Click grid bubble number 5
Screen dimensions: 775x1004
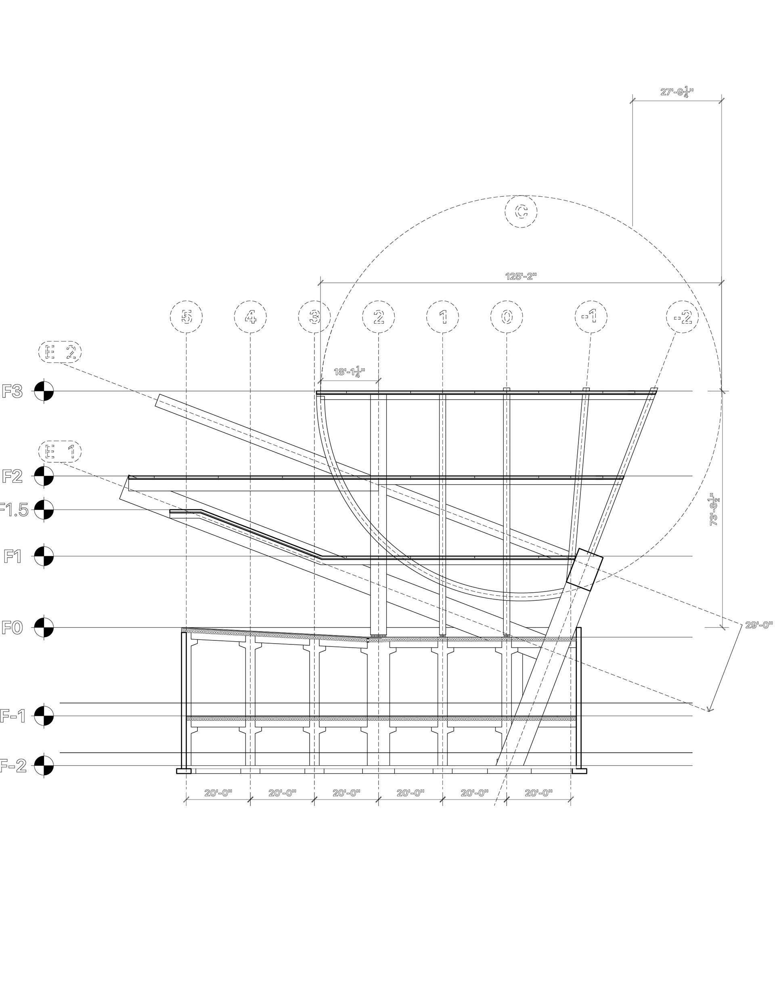click(186, 317)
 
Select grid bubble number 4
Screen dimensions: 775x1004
click(250, 317)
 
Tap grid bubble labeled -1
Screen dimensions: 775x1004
click(591, 317)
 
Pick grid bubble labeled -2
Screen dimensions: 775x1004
click(682, 317)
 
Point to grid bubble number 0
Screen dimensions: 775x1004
click(507, 317)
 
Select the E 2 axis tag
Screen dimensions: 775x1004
click(60, 352)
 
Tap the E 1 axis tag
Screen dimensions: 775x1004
click(60, 451)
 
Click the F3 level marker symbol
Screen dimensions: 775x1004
click(44, 391)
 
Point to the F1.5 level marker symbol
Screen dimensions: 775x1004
click(44, 509)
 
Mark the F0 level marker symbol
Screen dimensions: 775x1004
click(44, 627)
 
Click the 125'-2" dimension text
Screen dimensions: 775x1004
click(521, 276)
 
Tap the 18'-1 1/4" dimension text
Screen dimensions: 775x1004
click(350, 371)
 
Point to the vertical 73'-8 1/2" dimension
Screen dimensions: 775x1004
click(714, 509)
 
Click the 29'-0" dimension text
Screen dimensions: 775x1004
click(759, 625)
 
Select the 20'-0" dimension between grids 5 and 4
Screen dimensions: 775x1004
click(218, 793)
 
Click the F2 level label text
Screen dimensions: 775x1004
click(13, 476)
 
